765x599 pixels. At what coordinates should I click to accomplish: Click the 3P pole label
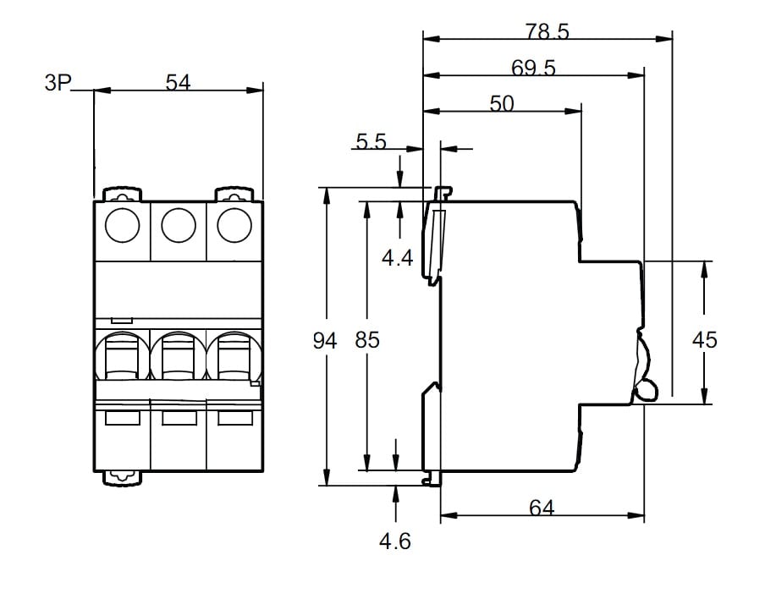58,84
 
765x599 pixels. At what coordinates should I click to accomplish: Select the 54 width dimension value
178,82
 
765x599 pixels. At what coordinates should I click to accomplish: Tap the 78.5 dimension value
547,32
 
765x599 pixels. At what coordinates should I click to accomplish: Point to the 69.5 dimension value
533,69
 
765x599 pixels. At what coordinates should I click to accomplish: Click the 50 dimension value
502,103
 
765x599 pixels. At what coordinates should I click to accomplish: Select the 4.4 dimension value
397,256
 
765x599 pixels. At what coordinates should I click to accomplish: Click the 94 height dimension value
325,341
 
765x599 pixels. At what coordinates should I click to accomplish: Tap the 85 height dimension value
367,341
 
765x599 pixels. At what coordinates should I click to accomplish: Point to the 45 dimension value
704,340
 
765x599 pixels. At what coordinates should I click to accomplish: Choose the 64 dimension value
542,508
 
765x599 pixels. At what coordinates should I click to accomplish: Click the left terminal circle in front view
121,225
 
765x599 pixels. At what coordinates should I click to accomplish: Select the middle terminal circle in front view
178,225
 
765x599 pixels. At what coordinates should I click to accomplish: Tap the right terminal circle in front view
234,225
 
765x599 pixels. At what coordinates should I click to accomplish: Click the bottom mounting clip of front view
122,478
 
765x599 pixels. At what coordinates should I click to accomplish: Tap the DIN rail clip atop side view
443,193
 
